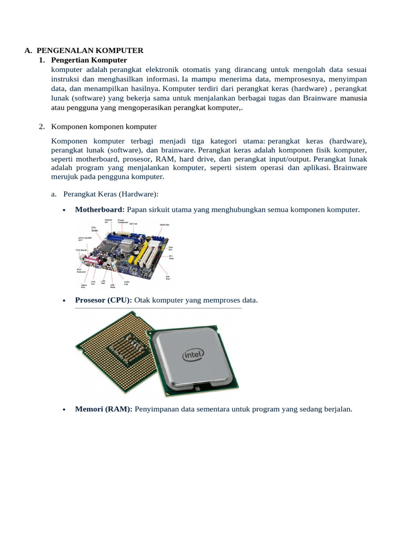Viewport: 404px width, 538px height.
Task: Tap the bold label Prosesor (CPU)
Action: (104, 300)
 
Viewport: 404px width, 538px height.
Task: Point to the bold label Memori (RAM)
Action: (104, 408)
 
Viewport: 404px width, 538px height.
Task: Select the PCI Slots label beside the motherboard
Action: (171, 257)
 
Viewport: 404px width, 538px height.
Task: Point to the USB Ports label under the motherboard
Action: (112, 286)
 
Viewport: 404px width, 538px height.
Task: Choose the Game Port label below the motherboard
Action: (83, 287)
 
